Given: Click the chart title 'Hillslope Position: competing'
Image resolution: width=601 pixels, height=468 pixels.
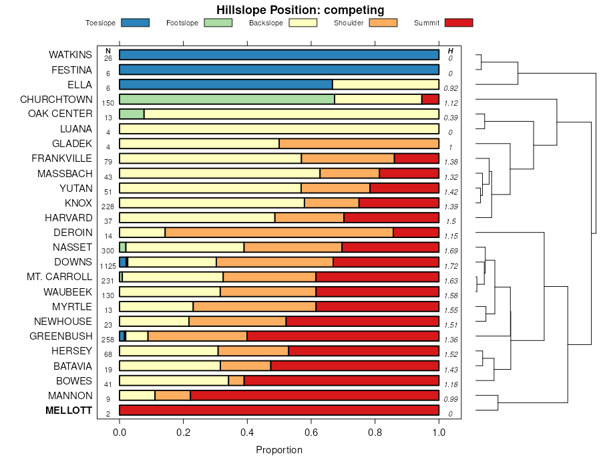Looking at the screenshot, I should pyautogui.click(x=300, y=9).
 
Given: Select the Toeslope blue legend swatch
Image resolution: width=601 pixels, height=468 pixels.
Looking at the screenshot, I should pyautogui.click(x=135, y=23).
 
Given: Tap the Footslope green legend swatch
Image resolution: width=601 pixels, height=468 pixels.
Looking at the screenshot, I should pyautogui.click(x=218, y=23).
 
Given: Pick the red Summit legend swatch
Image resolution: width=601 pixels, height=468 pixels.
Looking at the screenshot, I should pyautogui.click(x=458, y=23).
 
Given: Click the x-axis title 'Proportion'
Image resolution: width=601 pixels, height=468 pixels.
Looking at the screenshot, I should pyautogui.click(x=279, y=450).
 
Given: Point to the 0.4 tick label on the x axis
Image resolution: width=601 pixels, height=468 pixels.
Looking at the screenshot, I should pyautogui.click(x=247, y=433).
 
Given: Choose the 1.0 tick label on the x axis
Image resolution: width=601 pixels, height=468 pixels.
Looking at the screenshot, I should pyautogui.click(x=439, y=433).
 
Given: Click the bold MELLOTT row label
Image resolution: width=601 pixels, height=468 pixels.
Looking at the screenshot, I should pyautogui.click(x=68, y=411).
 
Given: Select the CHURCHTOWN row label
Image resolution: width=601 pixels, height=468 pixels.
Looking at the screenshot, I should pyautogui.click(x=56, y=99).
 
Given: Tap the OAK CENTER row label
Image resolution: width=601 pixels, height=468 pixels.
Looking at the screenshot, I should pyautogui.click(x=60, y=114).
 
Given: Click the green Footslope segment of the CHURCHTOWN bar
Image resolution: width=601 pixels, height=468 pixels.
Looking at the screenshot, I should pyautogui.click(x=226, y=99).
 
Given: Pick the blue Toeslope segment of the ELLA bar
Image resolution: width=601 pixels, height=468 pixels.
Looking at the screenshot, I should pyautogui.click(x=226, y=84).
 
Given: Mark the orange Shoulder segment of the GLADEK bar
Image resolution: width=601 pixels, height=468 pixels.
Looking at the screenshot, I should pyautogui.click(x=359, y=144).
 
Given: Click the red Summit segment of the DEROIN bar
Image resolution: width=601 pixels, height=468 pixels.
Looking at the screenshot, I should pyautogui.click(x=416, y=233).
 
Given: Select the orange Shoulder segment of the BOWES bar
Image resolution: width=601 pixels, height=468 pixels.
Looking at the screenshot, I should pyautogui.click(x=236, y=380).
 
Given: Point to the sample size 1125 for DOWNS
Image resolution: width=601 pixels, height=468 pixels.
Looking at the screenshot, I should pyautogui.click(x=108, y=265).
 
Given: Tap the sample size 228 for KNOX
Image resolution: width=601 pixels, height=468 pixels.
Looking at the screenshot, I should pyautogui.click(x=108, y=207).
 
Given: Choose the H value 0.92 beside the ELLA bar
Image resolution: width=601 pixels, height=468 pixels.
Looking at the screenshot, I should pyautogui.click(x=451, y=88).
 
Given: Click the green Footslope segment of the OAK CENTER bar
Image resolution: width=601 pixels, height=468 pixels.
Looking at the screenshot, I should pyautogui.click(x=132, y=114).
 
